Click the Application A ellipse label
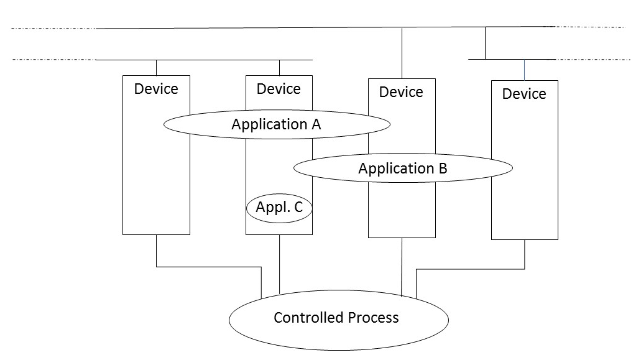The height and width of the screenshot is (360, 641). pos(276,124)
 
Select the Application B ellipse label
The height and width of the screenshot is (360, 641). pos(402,168)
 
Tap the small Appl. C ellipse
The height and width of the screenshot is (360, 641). pos(279,208)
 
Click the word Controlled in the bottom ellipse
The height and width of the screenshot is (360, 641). pos(304,318)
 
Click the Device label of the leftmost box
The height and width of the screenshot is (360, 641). pos(156,89)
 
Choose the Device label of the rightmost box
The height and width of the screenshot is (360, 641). pos(524,94)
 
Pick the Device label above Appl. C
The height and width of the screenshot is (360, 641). pos(279,89)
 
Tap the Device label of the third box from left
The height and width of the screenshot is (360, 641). pos(401,92)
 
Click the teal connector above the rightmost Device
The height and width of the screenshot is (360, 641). pos(524,70)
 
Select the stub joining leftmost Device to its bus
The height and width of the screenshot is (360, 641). pos(156,68)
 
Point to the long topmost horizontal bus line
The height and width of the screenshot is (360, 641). pos(311,28)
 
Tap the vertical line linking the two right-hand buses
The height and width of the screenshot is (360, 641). pos(486,44)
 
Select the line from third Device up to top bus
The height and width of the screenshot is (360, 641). pos(402,53)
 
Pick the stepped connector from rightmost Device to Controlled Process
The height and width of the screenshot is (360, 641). pos(473,269)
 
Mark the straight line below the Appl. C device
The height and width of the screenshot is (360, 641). pos(279,264)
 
